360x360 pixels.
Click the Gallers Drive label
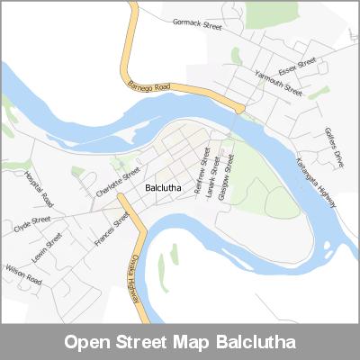334,147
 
